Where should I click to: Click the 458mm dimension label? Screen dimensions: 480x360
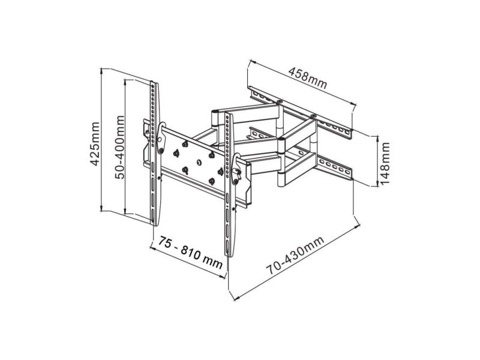pyautogui.click(x=308, y=78)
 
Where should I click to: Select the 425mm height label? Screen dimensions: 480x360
pyautogui.click(x=95, y=144)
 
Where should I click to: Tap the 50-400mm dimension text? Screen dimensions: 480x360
pyautogui.click(x=119, y=147)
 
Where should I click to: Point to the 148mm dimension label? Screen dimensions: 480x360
pyautogui.click(x=385, y=163)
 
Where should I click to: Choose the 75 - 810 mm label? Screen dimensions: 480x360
pyautogui.click(x=190, y=252)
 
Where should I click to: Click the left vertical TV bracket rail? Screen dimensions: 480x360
pyautogui.click(x=154, y=153)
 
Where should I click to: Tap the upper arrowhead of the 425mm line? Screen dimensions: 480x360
pyautogui.click(x=101, y=71)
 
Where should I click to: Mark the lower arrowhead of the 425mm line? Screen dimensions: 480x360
pyautogui.click(x=101, y=208)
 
